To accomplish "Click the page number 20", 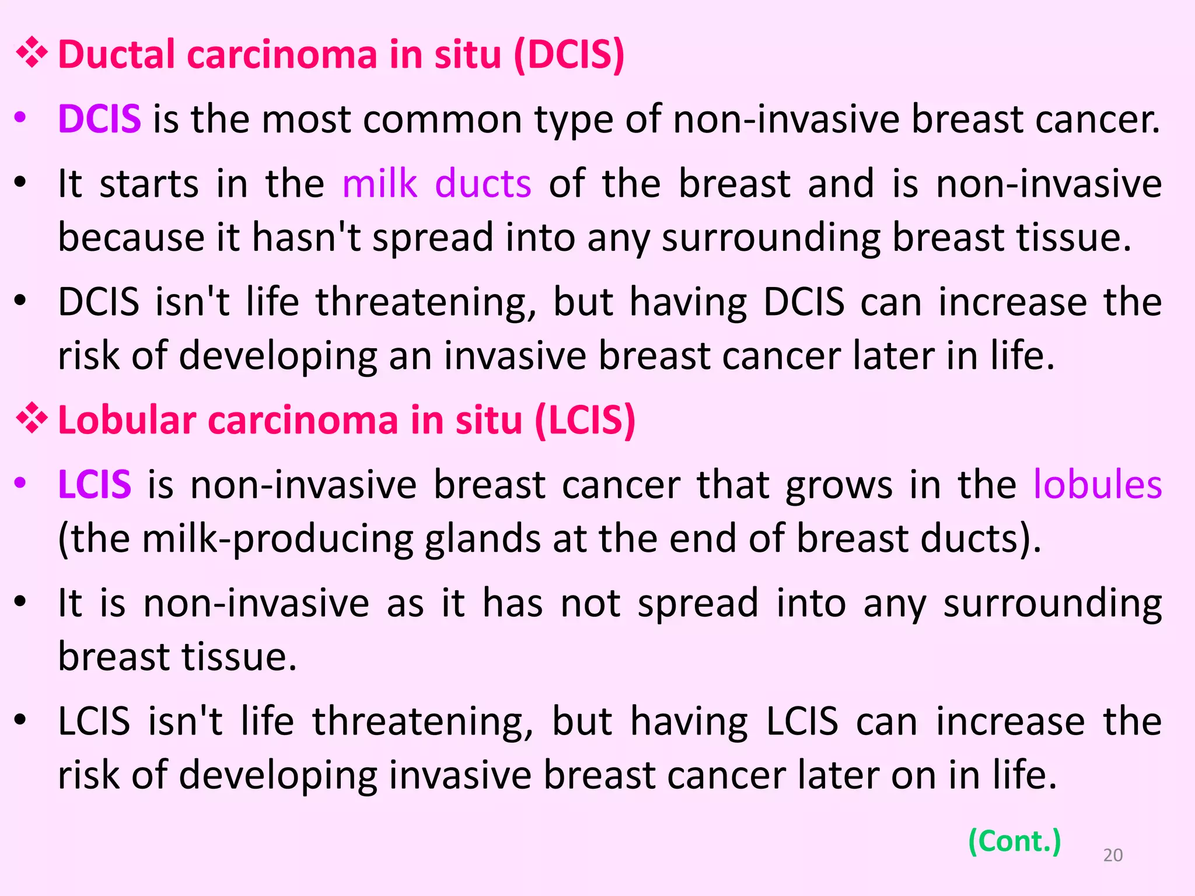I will pos(1113,855).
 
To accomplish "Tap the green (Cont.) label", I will pos(1014,841).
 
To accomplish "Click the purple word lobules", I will pos(1098,485).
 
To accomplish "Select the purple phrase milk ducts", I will pos(436,184).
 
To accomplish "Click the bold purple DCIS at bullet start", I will pos(99,119).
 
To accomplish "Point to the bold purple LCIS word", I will pos(95,485).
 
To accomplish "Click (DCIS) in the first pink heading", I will pos(569,55).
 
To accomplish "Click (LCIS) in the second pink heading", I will pos(585,421).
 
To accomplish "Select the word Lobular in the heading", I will pos(127,421).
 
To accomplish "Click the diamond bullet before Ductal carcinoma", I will pos(32,54).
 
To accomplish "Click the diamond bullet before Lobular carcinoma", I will pos(32,419).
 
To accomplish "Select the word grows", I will pos(838,486).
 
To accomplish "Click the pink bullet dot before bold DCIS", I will pos(20,118).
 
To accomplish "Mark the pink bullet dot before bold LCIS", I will pos(20,483).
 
